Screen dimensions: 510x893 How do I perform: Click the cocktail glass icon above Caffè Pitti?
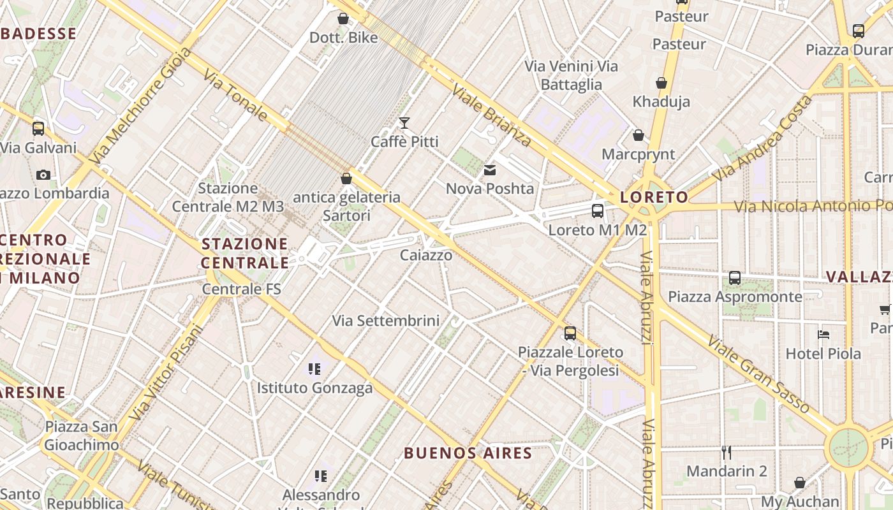(x=404, y=122)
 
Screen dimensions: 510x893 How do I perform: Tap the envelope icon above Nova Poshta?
(x=490, y=170)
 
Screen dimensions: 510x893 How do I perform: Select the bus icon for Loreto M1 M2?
(x=597, y=211)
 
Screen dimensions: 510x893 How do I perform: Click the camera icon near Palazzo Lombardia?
(x=43, y=175)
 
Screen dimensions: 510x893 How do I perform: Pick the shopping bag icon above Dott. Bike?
(x=343, y=18)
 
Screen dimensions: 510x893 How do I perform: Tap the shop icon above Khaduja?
(x=661, y=83)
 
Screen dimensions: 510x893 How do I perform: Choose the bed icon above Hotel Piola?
(x=823, y=334)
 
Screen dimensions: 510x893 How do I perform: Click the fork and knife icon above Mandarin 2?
(x=727, y=453)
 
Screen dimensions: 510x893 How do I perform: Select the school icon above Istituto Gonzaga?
(x=314, y=368)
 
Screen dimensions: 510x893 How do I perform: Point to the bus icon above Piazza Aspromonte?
(x=735, y=278)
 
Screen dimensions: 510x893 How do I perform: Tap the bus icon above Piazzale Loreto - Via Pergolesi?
(x=570, y=333)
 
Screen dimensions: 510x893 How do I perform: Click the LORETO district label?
(x=654, y=197)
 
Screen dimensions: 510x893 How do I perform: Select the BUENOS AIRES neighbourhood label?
(x=468, y=453)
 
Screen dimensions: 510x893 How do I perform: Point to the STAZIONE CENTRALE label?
(x=245, y=253)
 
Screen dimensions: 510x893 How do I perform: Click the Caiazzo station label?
(x=426, y=256)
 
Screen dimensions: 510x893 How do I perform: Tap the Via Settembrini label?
(x=386, y=321)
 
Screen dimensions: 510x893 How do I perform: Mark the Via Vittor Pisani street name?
(x=166, y=373)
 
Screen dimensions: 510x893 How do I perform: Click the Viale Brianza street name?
(x=491, y=115)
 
